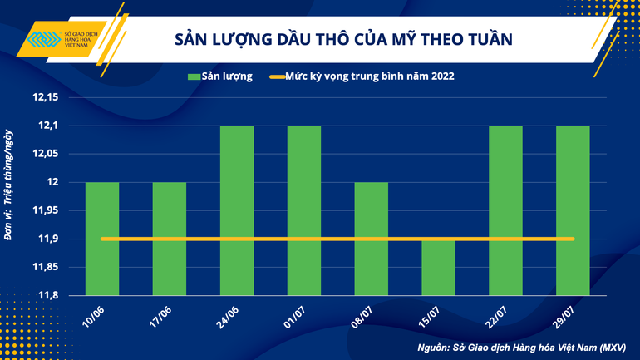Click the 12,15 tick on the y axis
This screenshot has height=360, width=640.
[x=45, y=98]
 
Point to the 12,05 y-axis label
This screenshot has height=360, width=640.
[x=45, y=155]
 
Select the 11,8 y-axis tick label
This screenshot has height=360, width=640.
[x=48, y=296]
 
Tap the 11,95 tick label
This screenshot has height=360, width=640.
[x=45, y=210]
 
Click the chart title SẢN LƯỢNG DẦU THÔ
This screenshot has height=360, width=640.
[x=342, y=39]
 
